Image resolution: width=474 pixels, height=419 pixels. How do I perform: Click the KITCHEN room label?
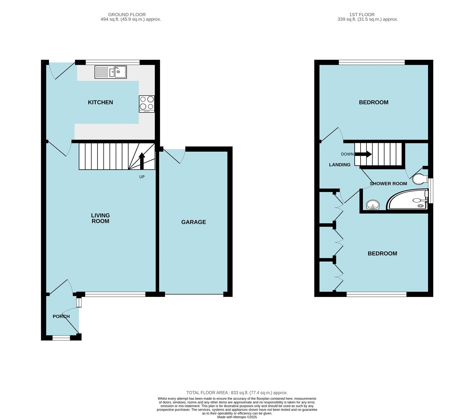pyautogui.click(x=100, y=102)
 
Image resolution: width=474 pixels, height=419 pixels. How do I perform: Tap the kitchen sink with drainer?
pyautogui.click(x=111, y=72)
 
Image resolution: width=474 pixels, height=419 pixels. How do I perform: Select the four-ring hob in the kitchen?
pyautogui.click(x=147, y=104)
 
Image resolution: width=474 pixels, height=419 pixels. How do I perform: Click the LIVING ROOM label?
pyautogui.click(x=100, y=218)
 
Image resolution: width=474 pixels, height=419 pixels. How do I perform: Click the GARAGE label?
pyautogui.click(x=193, y=222)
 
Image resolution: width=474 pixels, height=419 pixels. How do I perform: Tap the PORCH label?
pyautogui.click(x=61, y=316)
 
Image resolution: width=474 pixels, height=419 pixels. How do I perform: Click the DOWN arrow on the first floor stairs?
pyautogui.click(x=363, y=154)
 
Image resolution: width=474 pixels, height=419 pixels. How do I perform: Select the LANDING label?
pyautogui.click(x=340, y=165)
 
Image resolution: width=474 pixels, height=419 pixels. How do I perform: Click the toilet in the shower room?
pyautogui.click(x=420, y=179)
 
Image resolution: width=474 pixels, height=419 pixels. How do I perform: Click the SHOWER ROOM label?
pyautogui.click(x=388, y=184)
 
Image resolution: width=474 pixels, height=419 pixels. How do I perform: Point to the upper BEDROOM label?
pyautogui.click(x=374, y=102)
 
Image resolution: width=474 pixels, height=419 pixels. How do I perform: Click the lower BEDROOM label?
pyautogui.click(x=382, y=253)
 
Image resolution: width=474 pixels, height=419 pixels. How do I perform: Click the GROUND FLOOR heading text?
pyautogui.click(x=127, y=14)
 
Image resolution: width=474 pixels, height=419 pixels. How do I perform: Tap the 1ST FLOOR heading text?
pyautogui.click(x=362, y=14)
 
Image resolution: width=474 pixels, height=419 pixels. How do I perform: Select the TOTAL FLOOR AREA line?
pyautogui.click(x=237, y=393)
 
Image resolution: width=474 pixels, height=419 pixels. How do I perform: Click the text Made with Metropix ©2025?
pyautogui.click(x=237, y=417)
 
